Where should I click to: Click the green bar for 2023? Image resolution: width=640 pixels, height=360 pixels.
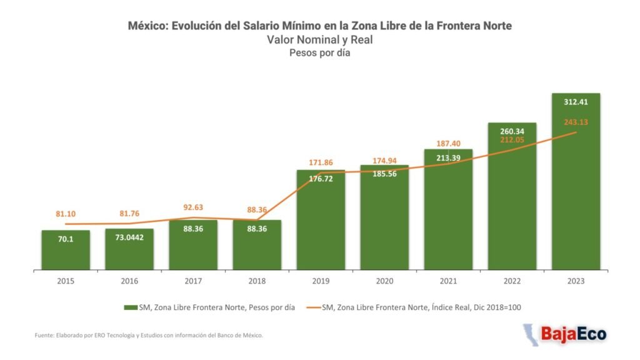tap(576, 187)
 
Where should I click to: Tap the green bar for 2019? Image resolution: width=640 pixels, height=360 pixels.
tap(321, 225)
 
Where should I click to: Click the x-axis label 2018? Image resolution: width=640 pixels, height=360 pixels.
tap(257, 281)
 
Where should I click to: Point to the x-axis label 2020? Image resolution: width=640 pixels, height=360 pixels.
tap(384, 281)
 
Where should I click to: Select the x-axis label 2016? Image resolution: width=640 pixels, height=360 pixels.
tap(129, 281)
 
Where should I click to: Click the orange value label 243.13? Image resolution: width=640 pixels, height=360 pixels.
tap(576, 122)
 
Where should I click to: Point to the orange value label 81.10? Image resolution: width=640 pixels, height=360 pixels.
tap(66, 214)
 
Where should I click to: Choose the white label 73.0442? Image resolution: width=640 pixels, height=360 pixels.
tap(129, 237)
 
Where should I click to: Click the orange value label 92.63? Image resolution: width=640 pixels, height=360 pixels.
tap(193, 207)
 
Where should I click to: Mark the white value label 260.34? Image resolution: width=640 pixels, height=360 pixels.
tap(512, 131)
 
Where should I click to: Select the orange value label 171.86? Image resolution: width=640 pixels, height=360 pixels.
tap(321, 162)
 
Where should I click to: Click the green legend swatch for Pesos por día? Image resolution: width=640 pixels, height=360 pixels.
tap(130, 307)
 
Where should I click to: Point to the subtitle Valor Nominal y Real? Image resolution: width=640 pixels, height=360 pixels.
tap(319, 39)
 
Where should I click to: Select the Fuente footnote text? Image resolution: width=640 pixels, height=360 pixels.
tap(149, 336)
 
